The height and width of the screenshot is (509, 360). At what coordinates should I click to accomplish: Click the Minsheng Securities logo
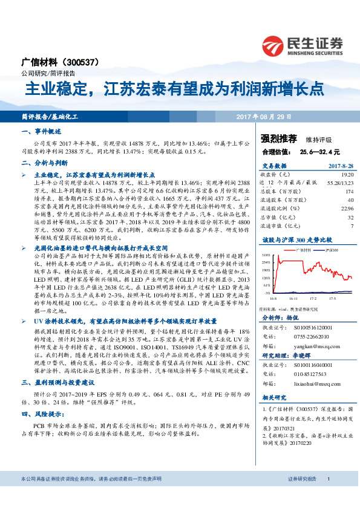tap(302, 45)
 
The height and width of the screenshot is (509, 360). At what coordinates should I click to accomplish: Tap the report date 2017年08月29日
tap(272, 115)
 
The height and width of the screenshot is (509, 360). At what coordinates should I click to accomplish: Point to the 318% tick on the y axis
tap(266, 256)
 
